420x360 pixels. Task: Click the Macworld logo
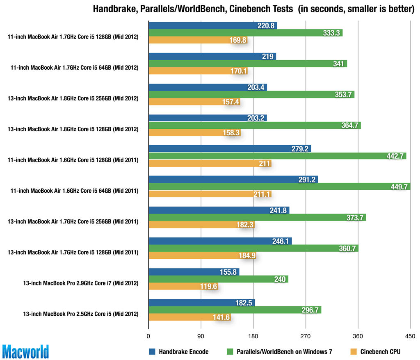point(25,351)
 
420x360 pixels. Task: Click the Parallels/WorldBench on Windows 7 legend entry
point(279,351)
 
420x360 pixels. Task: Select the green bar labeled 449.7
point(279,187)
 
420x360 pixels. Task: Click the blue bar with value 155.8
point(193,272)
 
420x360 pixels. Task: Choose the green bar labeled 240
point(218,279)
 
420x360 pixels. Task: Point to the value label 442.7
point(396,156)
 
